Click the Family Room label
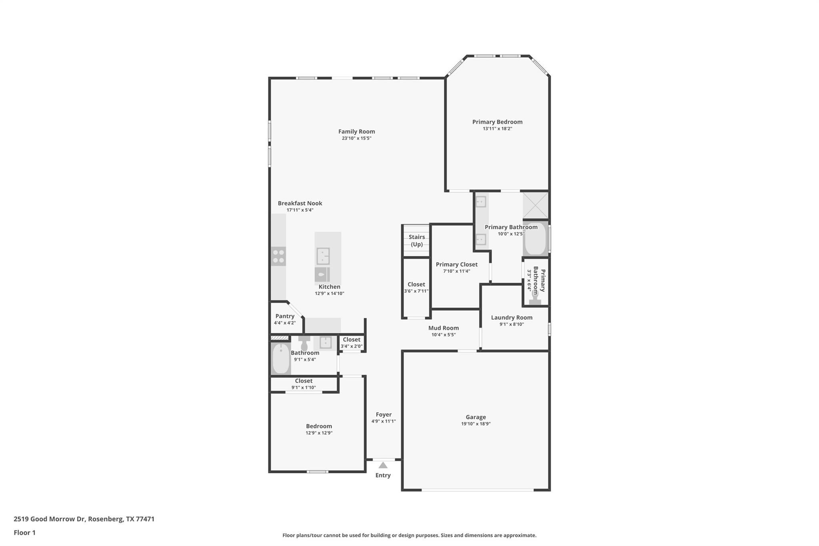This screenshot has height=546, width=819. tap(357, 132)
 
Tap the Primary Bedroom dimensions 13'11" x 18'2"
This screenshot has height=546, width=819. tap(497, 129)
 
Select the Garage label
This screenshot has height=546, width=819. tap(476, 417)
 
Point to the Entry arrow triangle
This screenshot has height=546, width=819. tap(383, 465)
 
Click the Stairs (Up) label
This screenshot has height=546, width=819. tap(417, 241)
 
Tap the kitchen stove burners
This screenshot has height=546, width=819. tap(279, 256)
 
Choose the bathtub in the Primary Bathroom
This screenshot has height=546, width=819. tap(535, 239)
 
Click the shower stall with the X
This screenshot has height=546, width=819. tap(535, 205)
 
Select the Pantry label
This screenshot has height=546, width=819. tap(285, 316)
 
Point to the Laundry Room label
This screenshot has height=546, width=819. tap(512, 318)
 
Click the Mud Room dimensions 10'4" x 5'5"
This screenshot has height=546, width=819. tap(443, 335)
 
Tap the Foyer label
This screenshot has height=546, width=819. tap(384, 415)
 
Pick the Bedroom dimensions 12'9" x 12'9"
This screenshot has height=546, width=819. tap(319, 433)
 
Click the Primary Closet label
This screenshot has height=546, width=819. tap(457, 264)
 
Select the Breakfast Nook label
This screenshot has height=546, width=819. tap(300, 203)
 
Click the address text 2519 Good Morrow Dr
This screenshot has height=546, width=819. tap(50, 519)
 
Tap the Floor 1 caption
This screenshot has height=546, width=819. tap(25, 533)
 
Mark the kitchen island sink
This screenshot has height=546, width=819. tap(323, 256)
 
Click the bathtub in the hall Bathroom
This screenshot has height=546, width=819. tap(281, 359)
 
